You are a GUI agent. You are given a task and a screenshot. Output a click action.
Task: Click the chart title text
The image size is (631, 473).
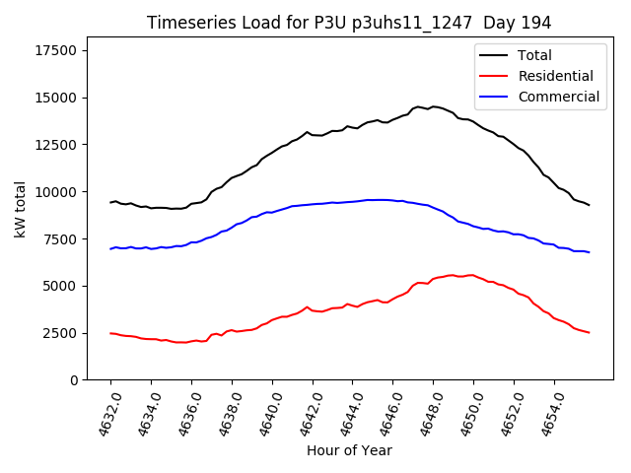(349, 23)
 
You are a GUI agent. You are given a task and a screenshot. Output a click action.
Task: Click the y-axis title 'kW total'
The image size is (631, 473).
(21, 209)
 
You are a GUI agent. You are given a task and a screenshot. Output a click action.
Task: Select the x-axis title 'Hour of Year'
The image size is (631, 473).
(349, 450)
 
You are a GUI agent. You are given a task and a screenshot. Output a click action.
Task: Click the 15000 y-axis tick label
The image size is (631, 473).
(57, 98)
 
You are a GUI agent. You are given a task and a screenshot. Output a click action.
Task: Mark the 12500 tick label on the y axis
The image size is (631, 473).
(57, 145)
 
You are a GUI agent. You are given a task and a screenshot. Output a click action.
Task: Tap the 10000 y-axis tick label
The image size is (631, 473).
(57, 192)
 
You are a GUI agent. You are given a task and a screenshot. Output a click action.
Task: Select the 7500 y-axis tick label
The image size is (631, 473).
(61, 239)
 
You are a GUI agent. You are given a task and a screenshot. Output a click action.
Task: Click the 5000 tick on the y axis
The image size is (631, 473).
(61, 286)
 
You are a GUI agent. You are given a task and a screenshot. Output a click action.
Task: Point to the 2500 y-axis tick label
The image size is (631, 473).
(61, 333)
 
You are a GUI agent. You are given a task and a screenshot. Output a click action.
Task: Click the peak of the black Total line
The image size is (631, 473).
(433, 106)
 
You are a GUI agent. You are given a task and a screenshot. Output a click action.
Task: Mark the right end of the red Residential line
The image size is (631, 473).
(589, 333)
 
